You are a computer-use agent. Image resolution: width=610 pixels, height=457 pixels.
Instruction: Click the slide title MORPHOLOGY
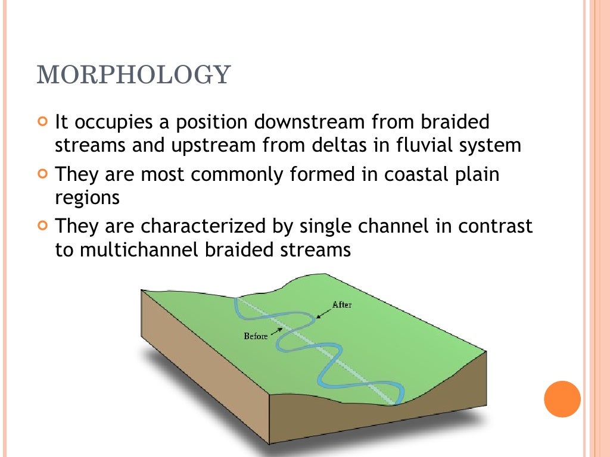coord(133,75)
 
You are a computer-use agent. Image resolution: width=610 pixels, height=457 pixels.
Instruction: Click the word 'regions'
coord(87,198)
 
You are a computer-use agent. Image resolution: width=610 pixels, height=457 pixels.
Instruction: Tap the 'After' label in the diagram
coord(342,305)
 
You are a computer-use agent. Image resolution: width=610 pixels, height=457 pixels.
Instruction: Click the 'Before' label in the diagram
coord(256,336)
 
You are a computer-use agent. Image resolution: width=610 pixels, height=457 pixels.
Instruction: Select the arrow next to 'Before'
coord(276,330)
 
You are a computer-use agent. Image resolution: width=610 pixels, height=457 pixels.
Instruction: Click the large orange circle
coord(562,399)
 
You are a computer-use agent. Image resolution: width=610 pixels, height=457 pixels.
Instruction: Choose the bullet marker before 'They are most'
coord(42,176)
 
